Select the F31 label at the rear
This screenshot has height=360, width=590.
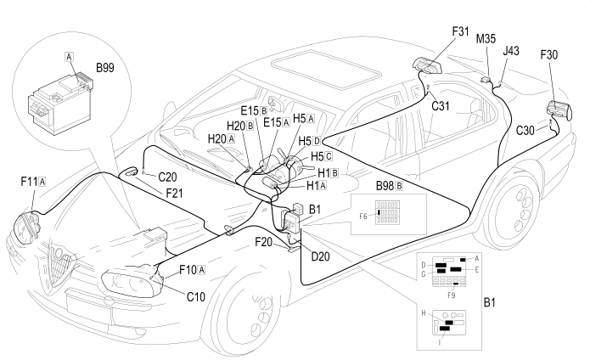(x=460, y=31)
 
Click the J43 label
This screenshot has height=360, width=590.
(x=511, y=51)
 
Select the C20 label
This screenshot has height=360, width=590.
(x=167, y=177)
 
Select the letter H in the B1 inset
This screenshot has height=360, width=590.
(x=424, y=312)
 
